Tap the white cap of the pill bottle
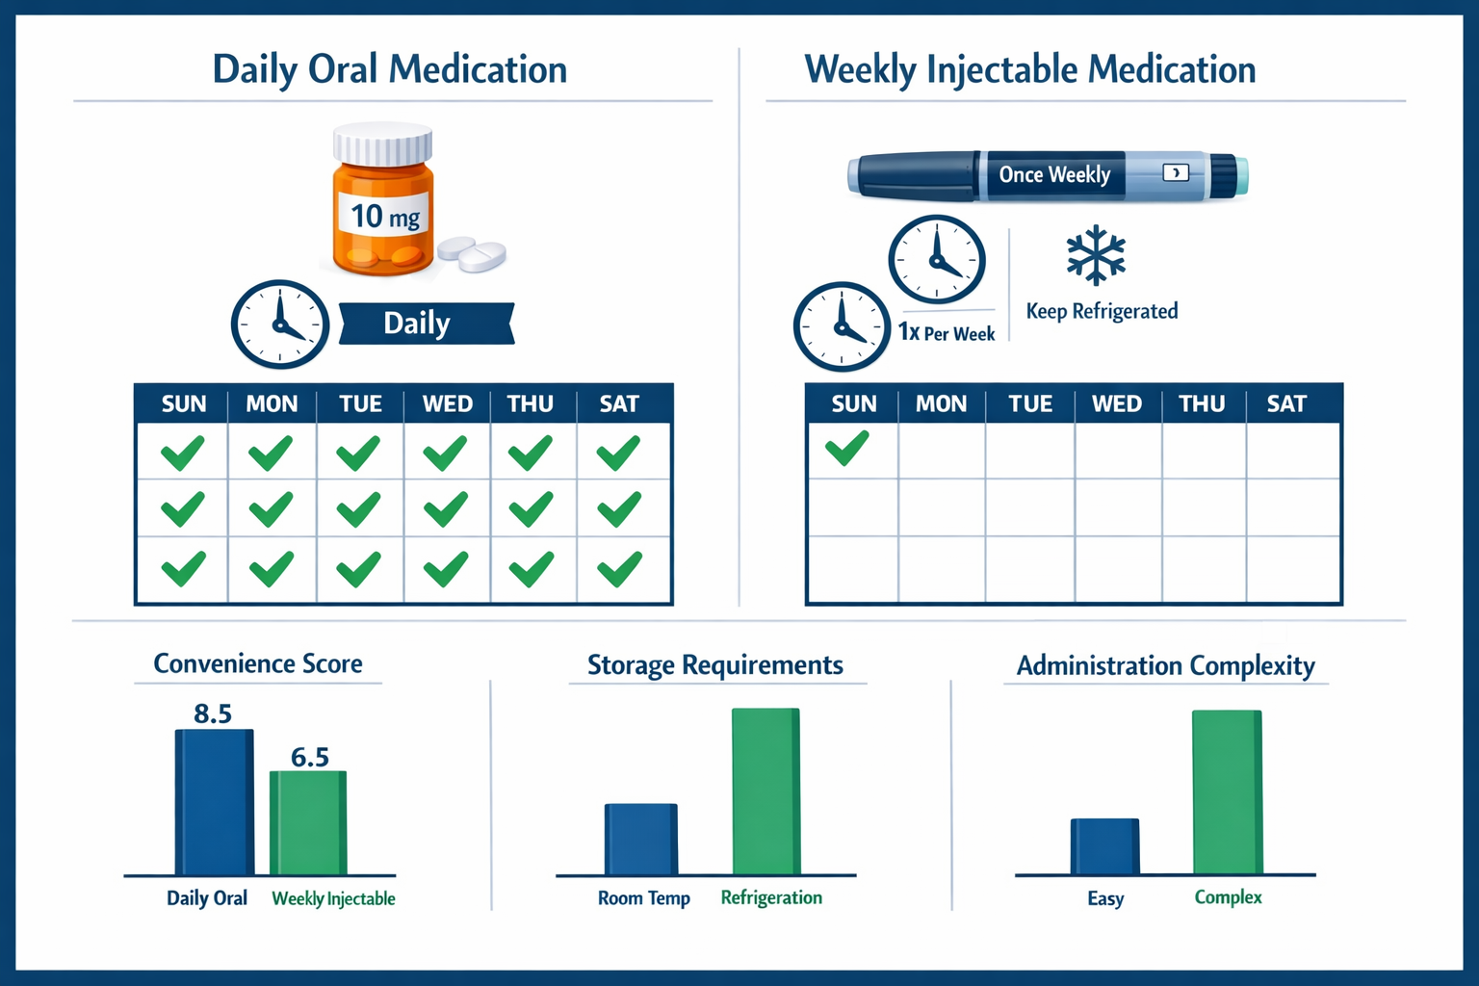click(382, 144)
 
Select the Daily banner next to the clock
click(425, 324)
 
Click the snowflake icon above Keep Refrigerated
click(1096, 255)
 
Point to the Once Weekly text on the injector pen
click(1054, 174)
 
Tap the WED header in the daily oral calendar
click(447, 403)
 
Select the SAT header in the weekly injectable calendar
click(1286, 403)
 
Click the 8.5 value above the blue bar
click(213, 714)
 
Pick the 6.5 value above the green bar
click(310, 757)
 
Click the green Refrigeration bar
click(765, 791)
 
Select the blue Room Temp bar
click(640, 839)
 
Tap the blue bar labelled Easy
click(1104, 846)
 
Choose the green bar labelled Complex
click(1227, 791)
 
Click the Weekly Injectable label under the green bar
click(333, 898)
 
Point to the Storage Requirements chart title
click(714, 665)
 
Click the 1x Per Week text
click(947, 333)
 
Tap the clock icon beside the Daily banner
click(279, 324)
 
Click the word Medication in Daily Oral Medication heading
click(478, 69)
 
